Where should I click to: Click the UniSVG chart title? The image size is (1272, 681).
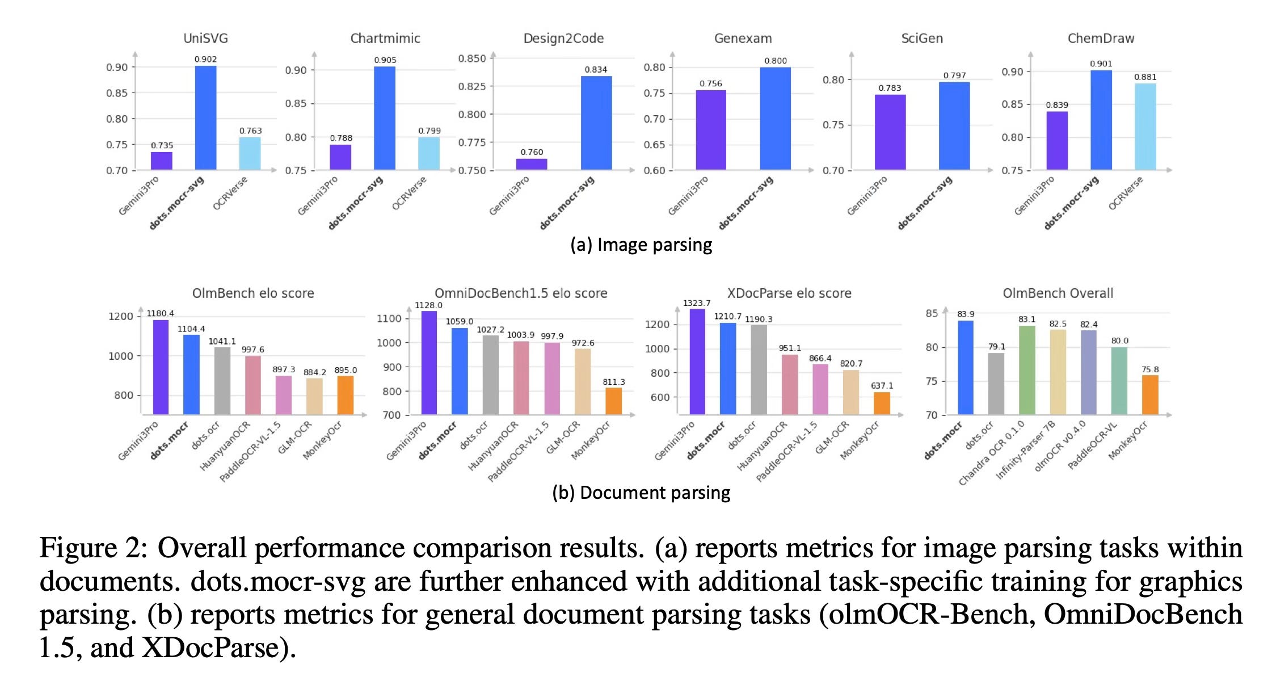[205, 39]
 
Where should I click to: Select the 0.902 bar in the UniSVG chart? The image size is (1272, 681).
[205, 118]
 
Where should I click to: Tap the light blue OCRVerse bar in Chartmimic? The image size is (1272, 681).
[429, 154]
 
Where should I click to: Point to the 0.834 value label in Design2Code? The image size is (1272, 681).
[596, 70]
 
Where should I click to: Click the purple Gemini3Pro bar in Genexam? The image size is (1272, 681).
[711, 130]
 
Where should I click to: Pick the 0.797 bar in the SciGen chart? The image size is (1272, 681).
[954, 126]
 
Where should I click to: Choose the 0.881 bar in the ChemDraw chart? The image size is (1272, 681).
[1145, 127]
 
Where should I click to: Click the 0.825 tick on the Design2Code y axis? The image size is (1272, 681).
[472, 86]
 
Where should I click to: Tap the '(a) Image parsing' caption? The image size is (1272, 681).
[641, 245]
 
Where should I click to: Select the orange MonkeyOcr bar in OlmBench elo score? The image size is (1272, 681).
[346, 396]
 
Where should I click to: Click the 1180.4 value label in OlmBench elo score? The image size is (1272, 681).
[161, 313]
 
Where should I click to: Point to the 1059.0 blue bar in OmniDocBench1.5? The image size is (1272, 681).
[460, 372]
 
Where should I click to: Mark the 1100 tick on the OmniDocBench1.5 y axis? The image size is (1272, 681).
[389, 318]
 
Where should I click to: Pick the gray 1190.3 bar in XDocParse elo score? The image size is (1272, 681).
[759, 370]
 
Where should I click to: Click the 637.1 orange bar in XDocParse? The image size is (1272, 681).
[882, 403]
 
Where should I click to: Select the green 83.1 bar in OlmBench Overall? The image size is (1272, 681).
[1027, 371]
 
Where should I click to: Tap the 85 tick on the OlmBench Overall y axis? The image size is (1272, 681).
[932, 313]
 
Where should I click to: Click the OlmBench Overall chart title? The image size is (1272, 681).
[1058, 293]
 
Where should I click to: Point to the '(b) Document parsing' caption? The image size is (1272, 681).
[641, 493]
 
